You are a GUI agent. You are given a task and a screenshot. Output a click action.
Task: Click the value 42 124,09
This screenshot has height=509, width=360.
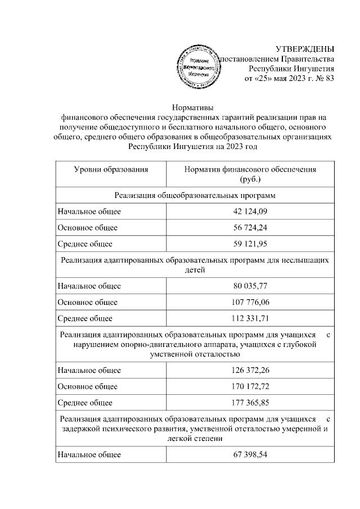(x=250, y=211)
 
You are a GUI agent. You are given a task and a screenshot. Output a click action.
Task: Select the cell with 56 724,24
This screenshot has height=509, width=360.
(x=250, y=228)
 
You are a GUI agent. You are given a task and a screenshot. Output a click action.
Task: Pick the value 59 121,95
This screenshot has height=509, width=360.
(x=250, y=244)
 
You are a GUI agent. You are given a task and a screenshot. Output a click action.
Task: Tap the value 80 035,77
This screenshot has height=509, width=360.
(x=250, y=286)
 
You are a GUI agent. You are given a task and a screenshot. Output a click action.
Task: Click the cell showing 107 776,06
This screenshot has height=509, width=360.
(x=250, y=302)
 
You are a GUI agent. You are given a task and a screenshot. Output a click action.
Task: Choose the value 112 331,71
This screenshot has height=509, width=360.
(x=250, y=318)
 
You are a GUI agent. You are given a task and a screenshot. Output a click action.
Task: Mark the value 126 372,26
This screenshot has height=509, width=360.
(x=250, y=371)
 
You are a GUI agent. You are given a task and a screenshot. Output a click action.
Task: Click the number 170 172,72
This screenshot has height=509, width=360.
(x=250, y=387)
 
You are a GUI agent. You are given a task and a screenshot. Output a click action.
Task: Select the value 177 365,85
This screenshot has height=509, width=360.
(x=250, y=403)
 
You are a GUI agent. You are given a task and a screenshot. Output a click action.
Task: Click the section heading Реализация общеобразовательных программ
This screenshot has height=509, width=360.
(x=195, y=195)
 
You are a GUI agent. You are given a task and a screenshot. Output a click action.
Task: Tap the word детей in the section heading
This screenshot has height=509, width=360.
(x=195, y=270)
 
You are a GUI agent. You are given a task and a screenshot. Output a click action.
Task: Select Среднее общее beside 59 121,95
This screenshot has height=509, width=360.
(x=85, y=244)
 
